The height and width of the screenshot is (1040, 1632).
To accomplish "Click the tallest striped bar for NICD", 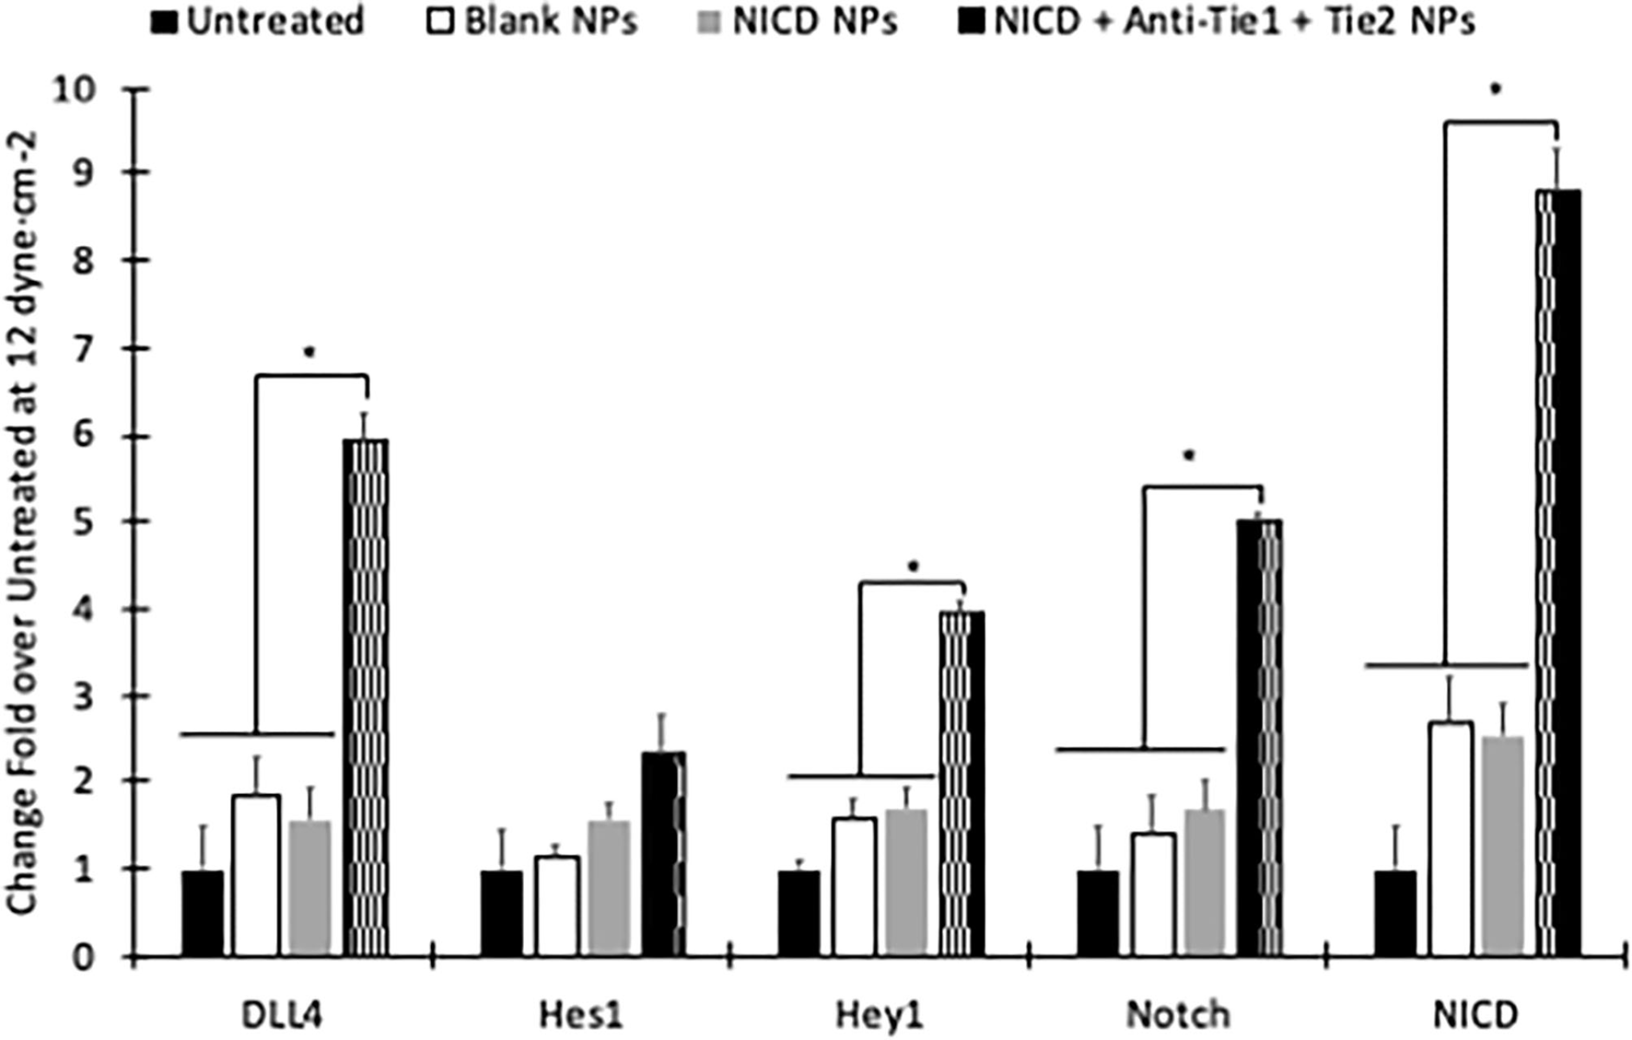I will coord(1558,571).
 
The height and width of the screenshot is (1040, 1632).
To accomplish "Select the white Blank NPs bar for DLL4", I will coord(256,875).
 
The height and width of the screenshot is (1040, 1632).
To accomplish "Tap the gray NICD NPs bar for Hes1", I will coord(609,889).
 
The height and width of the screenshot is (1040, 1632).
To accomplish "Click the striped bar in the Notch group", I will coord(1259,737).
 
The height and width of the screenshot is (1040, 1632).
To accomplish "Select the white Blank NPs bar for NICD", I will coord(1450,838).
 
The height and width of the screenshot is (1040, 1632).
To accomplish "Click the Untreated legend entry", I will coord(258,20).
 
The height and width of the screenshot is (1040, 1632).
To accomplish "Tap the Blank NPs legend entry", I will coord(533,20).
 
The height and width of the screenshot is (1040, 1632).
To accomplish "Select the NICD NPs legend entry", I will coord(798,20).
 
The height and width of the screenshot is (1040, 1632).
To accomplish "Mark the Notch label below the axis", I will coord(1177,1014).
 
